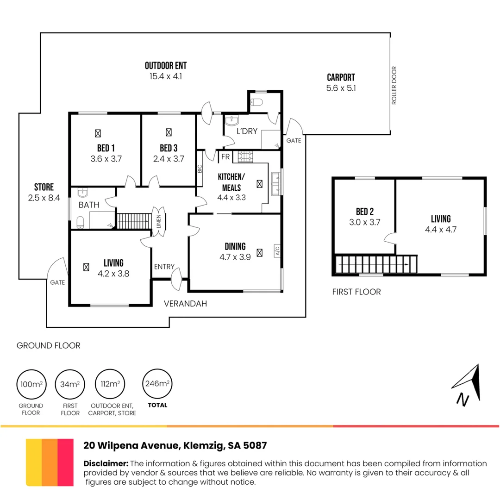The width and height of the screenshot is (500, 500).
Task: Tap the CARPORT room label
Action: click(341, 78)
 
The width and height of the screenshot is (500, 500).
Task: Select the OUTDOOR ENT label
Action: click(166, 66)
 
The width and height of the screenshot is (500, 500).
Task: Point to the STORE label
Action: click(44, 187)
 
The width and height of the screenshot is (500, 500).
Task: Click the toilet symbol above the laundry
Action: click(256, 101)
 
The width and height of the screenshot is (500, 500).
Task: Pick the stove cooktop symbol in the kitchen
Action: click(244, 157)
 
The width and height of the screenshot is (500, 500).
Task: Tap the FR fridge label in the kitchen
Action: click(225, 157)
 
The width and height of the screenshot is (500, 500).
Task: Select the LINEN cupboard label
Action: click(159, 221)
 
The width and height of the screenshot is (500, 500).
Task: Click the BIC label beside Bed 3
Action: click(200, 169)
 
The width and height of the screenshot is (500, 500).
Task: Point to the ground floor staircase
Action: click(133, 221)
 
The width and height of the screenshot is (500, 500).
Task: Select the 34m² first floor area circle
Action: click(69, 384)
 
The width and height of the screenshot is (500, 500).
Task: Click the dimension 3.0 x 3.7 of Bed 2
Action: click(365, 222)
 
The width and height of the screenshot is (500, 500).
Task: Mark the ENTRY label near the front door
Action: click(164, 267)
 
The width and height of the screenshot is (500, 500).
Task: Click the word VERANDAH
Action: click(185, 304)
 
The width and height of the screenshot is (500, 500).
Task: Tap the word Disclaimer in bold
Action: click(106, 463)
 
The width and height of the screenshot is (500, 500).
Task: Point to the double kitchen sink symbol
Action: click(276, 183)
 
